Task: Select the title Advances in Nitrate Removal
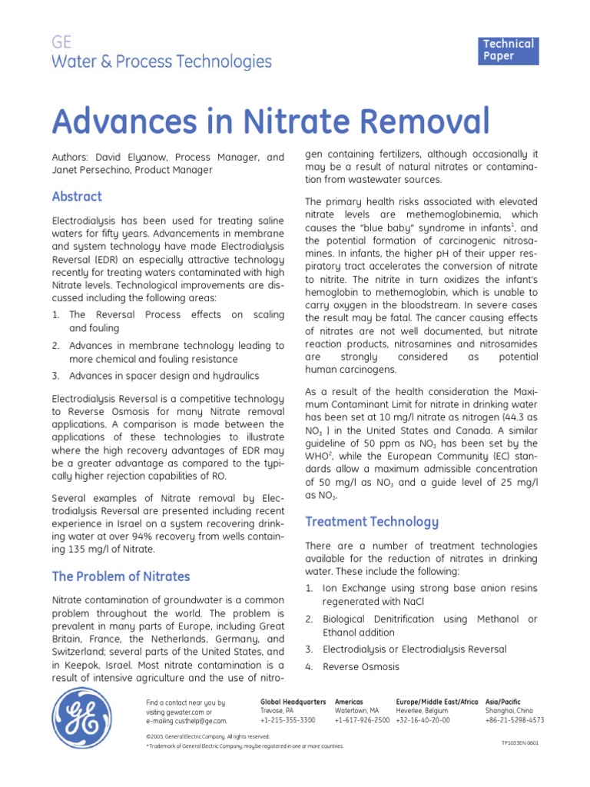pyautogui.click(x=270, y=121)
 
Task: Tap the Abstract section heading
pyautogui.click(x=76, y=196)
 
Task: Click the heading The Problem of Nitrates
pyautogui.click(x=121, y=576)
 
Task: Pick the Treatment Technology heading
pyautogui.click(x=372, y=522)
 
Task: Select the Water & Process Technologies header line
pyautogui.click(x=161, y=61)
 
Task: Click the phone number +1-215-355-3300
pyautogui.click(x=288, y=720)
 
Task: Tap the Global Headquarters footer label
pyautogui.click(x=293, y=702)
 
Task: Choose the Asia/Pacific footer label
pyautogui.click(x=503, y=702)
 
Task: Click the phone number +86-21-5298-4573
pyautogui.click(x=515, y=720)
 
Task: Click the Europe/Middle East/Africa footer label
pyautogui.click(x=437, y=702)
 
